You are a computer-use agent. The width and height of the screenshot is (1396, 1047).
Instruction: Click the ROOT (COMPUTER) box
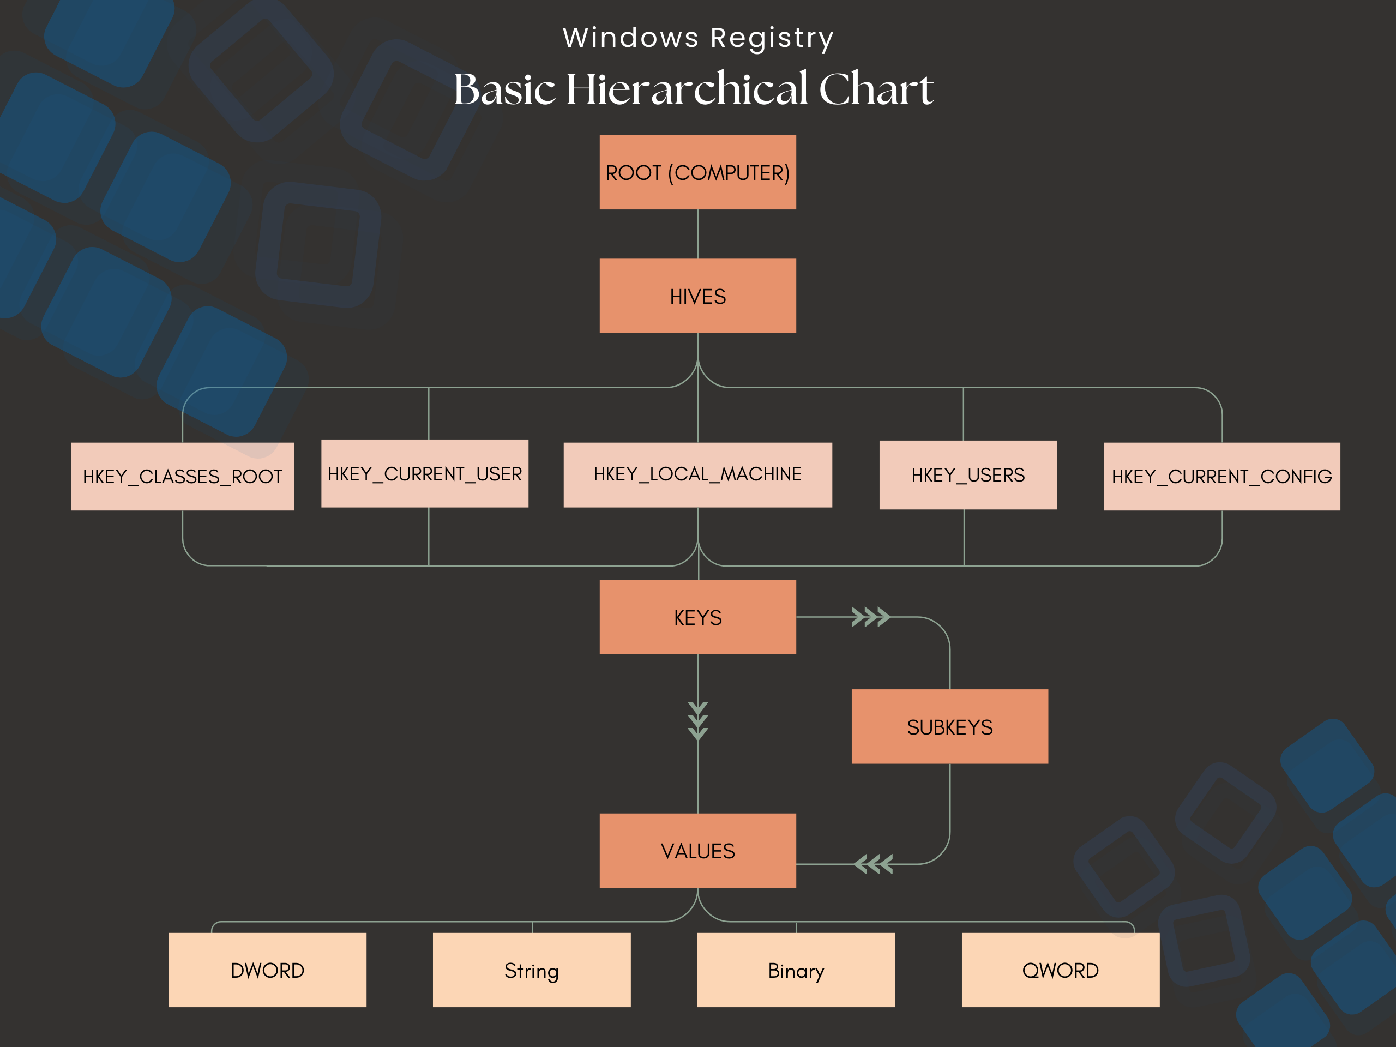pyautogui.click(x=697, y=172)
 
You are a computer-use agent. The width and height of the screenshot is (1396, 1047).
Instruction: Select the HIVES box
pyautogui.click(x=697, y=296)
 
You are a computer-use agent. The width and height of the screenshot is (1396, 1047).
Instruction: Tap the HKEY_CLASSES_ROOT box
pyautogui.click(x=182, y=477)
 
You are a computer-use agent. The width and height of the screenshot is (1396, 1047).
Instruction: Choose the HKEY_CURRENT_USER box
pyautogui.click(x=425, y=473)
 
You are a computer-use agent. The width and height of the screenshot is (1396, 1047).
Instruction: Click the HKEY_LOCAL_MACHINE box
pyautogui.click(x=697, y=474)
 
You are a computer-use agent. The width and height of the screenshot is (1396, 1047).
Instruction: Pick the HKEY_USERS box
pyautogui.click(x=967, y=474)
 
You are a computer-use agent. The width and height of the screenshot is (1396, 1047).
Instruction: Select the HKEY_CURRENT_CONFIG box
pyautogui.click(x=1222, y=477)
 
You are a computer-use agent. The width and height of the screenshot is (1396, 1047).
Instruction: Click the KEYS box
pyautogui.click(x=697, y=617)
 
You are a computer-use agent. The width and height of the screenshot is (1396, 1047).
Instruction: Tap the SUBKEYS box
pyautogui.click(x=949, y=726)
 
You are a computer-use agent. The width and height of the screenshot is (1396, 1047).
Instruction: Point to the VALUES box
pyautogui.click(x=697, y=850)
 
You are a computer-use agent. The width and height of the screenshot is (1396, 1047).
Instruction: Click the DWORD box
pyautogui.click(x=268, y=970)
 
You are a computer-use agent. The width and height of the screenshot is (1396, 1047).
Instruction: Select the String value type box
pyautogui.click(x=531, y=970)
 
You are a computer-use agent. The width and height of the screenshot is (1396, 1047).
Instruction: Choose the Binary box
pyautogui.click(x=796, y=970)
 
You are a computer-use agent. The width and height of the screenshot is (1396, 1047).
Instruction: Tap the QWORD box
pyautogui.click(x=1060, y=970)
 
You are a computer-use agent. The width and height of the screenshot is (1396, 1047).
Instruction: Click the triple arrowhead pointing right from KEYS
pyautogui.click(x=870, y=617)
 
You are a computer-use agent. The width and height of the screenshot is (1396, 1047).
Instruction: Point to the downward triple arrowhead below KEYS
pyautogui.click(x=698, y=721)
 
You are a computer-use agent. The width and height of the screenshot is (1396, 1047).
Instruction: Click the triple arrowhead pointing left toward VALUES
pyautogui.click(x=874, y=864)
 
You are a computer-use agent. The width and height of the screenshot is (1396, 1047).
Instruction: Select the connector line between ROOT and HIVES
pyautogui.click(x=697, y=233)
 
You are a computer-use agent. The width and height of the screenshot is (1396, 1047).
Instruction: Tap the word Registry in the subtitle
pyautogui.click(x=772, y=38)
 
